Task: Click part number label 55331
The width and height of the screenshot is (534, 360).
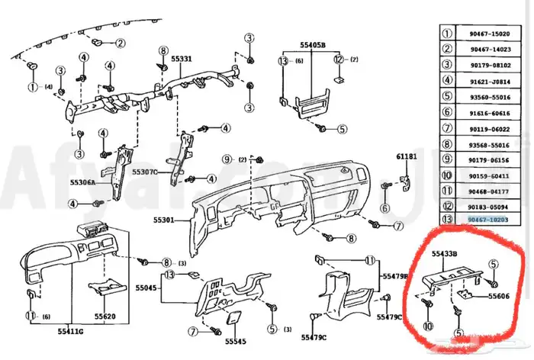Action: tap(182, 59)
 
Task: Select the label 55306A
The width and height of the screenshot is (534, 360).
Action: tap(82, 183)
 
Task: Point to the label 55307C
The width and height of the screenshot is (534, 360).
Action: tap(144, 172)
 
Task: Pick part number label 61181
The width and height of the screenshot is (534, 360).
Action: tap(407, 156)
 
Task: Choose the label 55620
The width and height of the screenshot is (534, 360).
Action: tap(105, 316)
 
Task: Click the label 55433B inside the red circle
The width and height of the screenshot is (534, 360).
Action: tap(445, 252)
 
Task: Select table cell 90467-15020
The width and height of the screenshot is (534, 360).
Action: tap(488, 34)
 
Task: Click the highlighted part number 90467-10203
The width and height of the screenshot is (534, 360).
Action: tap(488, 220)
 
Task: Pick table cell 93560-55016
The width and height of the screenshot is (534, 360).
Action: tap(488, 97)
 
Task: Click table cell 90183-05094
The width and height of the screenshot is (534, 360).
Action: tap(488, 205)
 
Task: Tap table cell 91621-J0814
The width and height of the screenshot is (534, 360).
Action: tap(488, 81)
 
